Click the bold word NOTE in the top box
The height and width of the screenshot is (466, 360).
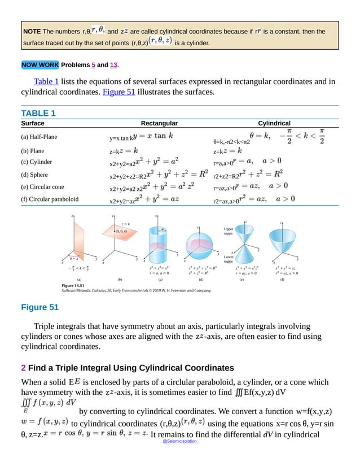click(x=32, y=31)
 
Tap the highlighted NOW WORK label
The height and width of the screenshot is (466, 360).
click(x=39, y=65)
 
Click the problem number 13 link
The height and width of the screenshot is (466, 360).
click(x=113, y=65)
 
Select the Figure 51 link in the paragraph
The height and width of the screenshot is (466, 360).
click(x=118, y=92)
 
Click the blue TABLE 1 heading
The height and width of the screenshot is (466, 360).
click(x=38, y=113)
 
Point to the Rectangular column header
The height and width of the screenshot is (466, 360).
click(x=159, y=123)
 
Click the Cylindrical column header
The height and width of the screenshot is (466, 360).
click(x=274, y=123)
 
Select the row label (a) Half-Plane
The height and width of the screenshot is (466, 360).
click(x=39, y=137)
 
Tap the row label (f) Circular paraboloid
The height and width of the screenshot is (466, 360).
click(x=50, y=199)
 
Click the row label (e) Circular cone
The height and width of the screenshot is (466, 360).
click(x=43, y=187)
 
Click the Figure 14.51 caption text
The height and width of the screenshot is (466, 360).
click(x=75, y=286)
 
